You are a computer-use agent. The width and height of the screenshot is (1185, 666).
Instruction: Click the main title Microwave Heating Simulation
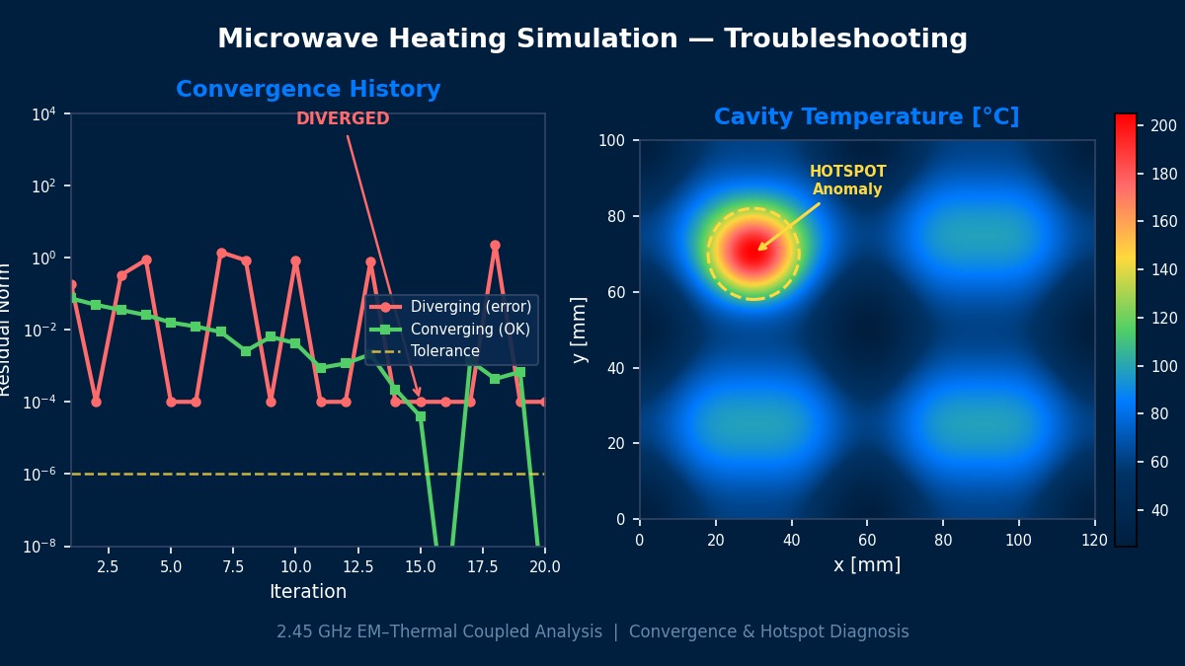(592, 39)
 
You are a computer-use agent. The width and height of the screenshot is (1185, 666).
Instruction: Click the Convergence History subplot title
(308, 90)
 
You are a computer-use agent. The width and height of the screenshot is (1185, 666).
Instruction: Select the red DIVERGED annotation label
(343, 119)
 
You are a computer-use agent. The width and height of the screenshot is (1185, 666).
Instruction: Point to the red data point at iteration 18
(495, 246)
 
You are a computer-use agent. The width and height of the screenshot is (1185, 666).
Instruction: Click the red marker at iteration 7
(221, 254)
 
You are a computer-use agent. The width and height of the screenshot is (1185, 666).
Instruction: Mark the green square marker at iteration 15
(421, 416)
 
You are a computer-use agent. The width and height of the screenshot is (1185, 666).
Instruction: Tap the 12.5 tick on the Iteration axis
(356, 567)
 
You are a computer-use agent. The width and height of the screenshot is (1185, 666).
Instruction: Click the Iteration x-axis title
(308, 592)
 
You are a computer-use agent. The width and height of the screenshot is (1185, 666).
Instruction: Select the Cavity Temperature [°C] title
(866, 117)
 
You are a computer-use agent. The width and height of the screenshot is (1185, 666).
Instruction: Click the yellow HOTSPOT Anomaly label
(847, 181)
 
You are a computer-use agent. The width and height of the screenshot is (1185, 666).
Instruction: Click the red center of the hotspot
(753, 251)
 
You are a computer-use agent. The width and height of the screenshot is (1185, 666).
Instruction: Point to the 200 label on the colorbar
(1163, 125)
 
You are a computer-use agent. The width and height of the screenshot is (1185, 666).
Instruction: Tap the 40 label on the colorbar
(1159, 510)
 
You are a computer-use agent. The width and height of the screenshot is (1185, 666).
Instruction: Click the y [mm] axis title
(580, 330)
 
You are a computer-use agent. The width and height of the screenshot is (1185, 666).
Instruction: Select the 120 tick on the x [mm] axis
(1094, 540)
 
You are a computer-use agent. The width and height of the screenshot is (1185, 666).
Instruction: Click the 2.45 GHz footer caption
(592, 631)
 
